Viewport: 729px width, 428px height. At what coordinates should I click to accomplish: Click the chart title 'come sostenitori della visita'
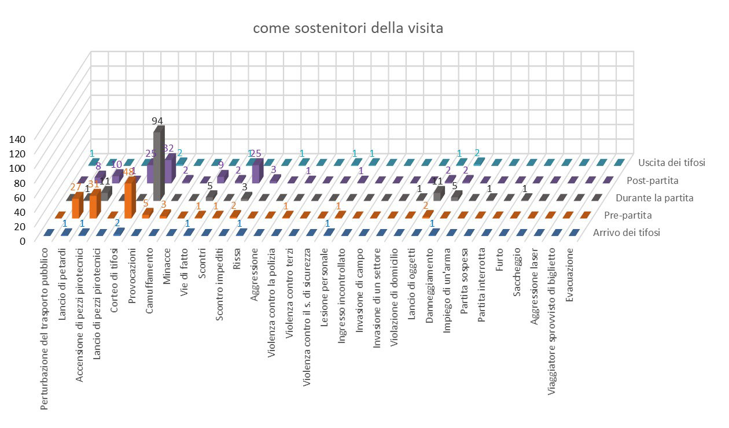[x=348, y=28]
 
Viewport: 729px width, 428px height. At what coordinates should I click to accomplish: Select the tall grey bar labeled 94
[x=157, y=165]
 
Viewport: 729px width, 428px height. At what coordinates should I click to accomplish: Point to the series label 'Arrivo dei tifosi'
[x=627, y=234]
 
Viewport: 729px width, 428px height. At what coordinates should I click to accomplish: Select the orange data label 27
[x=75, y=187]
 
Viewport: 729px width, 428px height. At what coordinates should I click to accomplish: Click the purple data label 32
[x=168, y=148]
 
